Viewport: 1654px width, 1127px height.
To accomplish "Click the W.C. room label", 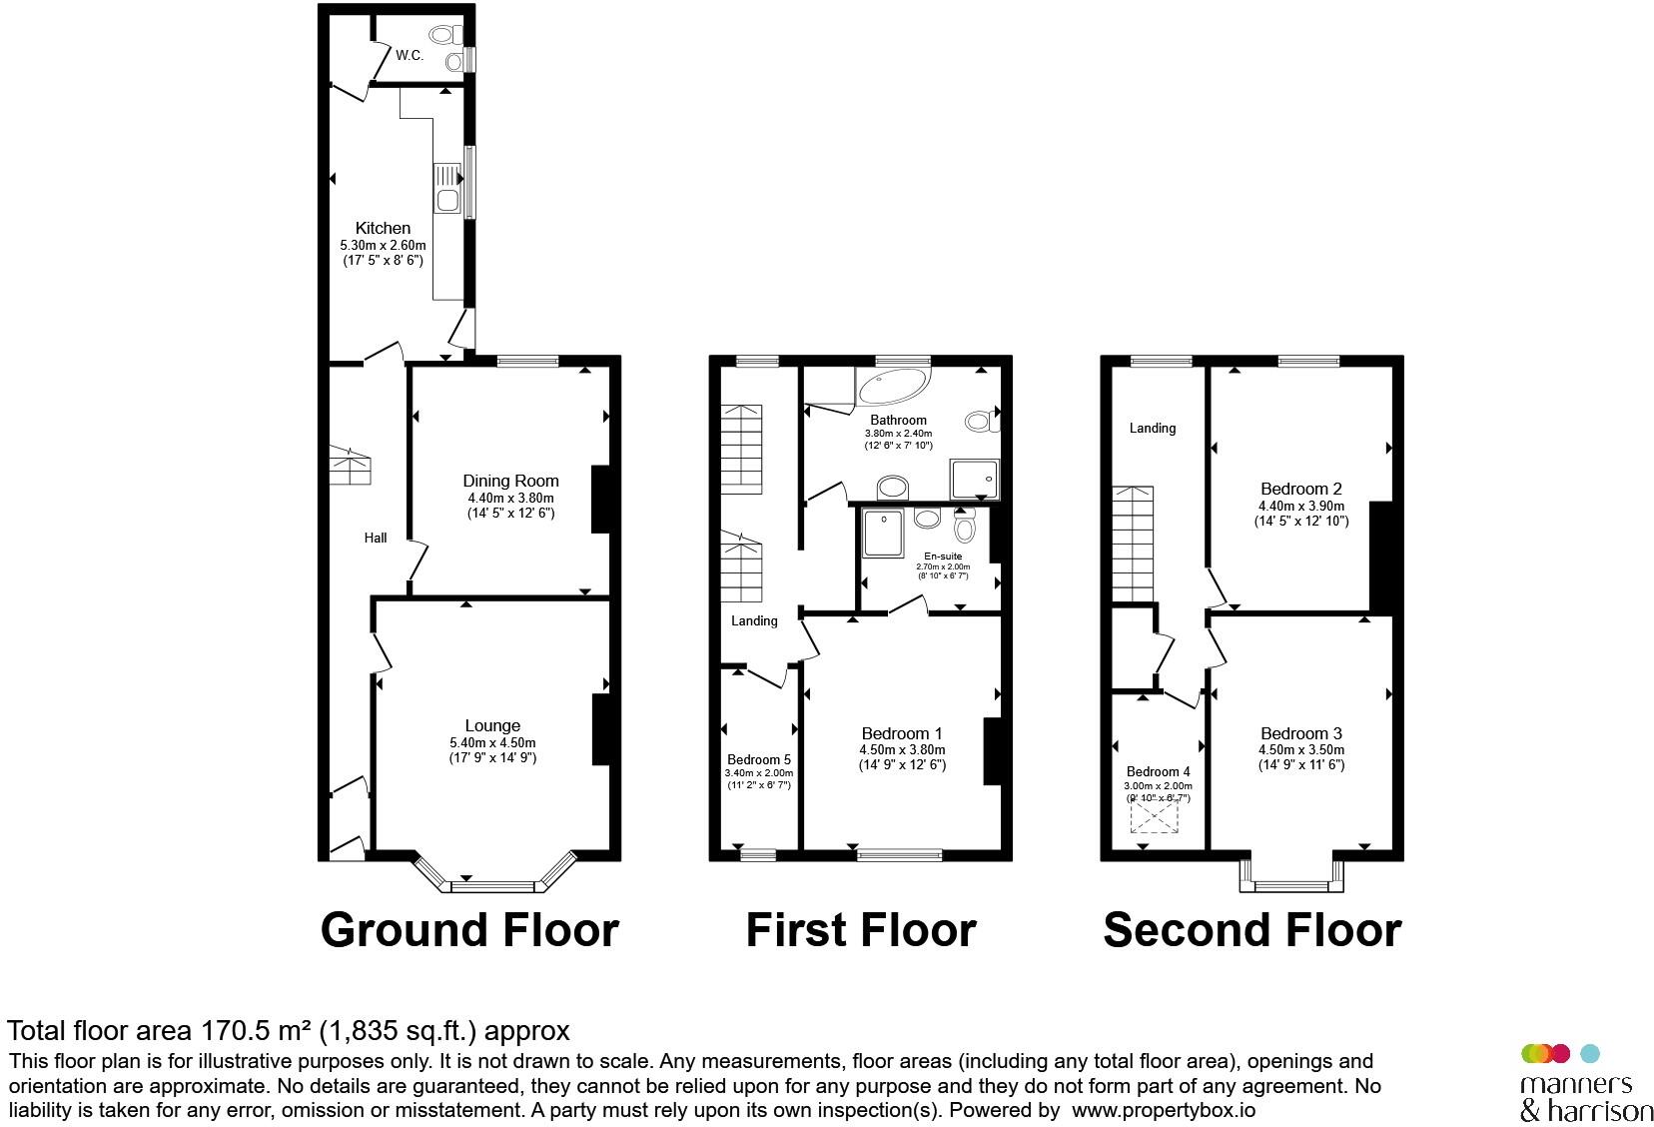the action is click(x=410, y=55).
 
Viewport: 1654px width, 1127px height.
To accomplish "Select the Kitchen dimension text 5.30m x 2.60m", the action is click(x=383, y=245).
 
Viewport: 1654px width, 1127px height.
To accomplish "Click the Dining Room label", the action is click(x=510, y=481).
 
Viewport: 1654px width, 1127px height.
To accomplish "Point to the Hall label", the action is click(x=376, y=538).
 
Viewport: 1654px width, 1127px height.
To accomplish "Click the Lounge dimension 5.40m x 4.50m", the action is click(x=492, y=743).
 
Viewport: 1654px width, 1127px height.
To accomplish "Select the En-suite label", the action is click(x=943, y=557).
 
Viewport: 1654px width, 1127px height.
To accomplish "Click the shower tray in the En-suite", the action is click(x=883, y=533).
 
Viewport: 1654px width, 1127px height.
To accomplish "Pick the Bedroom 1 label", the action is click(x=902, y=733).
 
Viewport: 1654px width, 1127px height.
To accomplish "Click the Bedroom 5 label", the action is click(x=758, y=759).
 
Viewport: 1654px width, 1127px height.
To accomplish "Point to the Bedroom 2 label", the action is click(x=1301, y=489).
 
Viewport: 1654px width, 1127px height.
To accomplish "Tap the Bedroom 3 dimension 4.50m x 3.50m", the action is click(x=1301, y=749).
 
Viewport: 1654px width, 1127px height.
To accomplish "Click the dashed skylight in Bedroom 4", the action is click(x=1155, y=817).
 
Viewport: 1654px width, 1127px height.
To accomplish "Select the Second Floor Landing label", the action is click(x=1152, y=429).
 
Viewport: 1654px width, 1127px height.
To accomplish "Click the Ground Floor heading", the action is click(x=469, y=929).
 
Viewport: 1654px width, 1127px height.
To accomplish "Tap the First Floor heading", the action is click(x=861, y=929).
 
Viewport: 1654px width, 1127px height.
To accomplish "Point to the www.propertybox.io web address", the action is click(x=1163, y=1109).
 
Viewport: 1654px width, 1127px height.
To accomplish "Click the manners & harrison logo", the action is click(x=1585, y=1084).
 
